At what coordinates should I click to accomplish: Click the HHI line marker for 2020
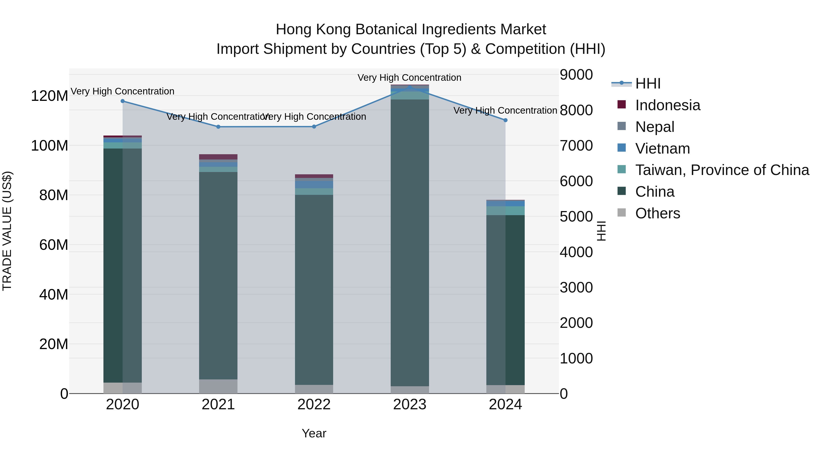click(x=123, y=101)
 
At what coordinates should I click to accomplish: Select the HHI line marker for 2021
click(x=218, y=127)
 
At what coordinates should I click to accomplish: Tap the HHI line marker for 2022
click(x=314, y=127)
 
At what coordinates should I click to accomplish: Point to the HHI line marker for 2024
click(x=506, y=120)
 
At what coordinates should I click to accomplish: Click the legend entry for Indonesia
click(x=668, y=105)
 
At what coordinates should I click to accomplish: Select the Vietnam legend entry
click(x=662, y=149)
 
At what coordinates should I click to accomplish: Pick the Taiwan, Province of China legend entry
click(x=722, y=170)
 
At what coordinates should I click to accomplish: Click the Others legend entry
click(x=657, y=213)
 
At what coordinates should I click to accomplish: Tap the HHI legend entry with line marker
click(x=648, y=84)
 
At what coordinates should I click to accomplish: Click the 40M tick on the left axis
click(x=54, y=295)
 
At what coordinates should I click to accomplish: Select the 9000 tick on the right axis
click(x=576, y=75)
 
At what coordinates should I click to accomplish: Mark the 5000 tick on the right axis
click(x=576, y=217)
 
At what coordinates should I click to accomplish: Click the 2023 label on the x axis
click(x=410, y=405)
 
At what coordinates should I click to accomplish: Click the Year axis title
click(x=314, y=433)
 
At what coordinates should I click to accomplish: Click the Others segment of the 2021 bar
click(x=218, y=386)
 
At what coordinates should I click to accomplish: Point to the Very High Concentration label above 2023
click(x=409, y=78)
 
